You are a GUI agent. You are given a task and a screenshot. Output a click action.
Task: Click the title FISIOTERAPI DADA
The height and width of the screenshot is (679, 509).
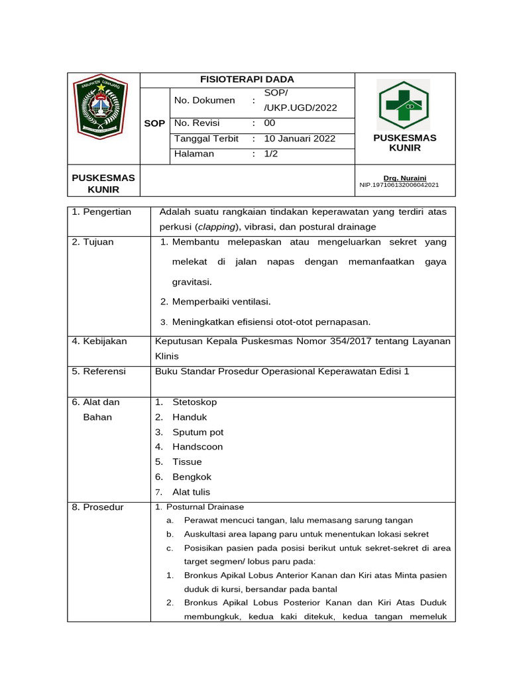[247, 80]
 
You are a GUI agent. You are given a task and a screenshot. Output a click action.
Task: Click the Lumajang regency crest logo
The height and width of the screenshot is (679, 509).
[100, 106]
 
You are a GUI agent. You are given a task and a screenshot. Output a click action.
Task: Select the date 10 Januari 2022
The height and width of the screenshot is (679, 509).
[300, 139]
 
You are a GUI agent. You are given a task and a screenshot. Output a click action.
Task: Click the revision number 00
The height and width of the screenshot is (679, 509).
[270, 123]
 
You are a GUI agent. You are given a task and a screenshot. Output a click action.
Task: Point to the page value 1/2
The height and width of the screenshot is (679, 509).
[271, 154]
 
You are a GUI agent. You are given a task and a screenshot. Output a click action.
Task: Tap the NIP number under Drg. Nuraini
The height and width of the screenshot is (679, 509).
[398, 186]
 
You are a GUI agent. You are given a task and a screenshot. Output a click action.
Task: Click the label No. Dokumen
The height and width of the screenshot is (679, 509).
[204, 100]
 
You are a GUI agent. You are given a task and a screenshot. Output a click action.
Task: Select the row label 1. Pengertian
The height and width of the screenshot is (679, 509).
[101, 212]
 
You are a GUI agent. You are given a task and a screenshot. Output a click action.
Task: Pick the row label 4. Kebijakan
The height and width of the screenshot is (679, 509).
[99, 341]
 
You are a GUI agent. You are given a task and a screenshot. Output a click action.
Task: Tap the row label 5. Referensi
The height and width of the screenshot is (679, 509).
[99, 371]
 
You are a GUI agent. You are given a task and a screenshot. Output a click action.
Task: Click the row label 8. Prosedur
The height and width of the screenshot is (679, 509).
[97, 507]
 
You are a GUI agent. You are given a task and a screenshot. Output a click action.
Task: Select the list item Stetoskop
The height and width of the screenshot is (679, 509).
[194, 402]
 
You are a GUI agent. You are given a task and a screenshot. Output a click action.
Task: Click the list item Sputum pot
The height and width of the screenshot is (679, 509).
[198, 432]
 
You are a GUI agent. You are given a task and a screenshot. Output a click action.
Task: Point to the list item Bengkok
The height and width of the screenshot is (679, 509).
[192, 477]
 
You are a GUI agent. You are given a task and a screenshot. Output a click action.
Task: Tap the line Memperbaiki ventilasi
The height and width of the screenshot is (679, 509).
[221, 302]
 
